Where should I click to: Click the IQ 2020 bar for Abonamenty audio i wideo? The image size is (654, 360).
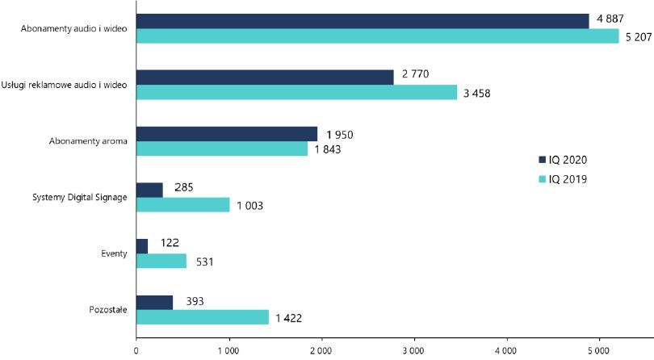pyautogui.click(x=363, y=22)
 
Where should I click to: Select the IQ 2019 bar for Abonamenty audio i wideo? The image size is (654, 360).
pyautogui.click(x=377, y=36)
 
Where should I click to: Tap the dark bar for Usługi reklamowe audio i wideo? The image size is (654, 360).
pyautogui.click(x=265, y=77)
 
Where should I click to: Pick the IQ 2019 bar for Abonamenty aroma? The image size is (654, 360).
pyautogui.click(x=221, y=149)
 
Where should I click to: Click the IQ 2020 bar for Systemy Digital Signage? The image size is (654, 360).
pyautogui.click(x=149, y=190)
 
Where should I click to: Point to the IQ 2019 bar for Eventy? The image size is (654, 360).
pyautogui.click(x=161, y=261)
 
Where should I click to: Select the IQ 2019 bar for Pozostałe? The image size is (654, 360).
pyautogui.click(x=202, y=317)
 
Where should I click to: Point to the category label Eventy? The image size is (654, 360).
pyautogui.click(x=114, y=253)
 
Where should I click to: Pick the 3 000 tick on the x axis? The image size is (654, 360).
pyautogui.click(x=413, y=351)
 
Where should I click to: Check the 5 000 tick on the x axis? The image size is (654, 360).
pyautogui.click(x=598, y=351)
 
